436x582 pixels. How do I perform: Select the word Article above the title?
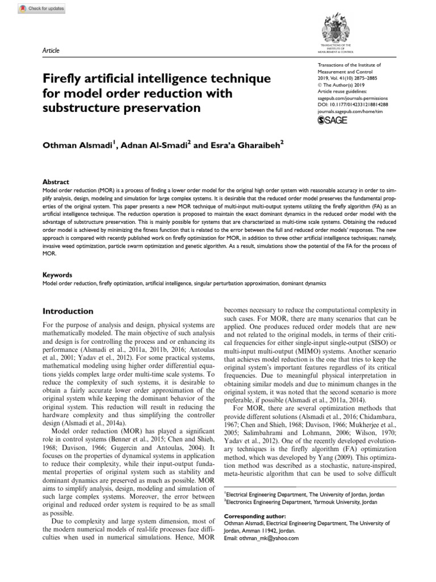[52, 51]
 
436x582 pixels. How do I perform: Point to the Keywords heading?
[58, 275]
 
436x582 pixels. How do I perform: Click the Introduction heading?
[69, 311]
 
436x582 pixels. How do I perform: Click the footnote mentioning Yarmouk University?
[299, 502]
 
